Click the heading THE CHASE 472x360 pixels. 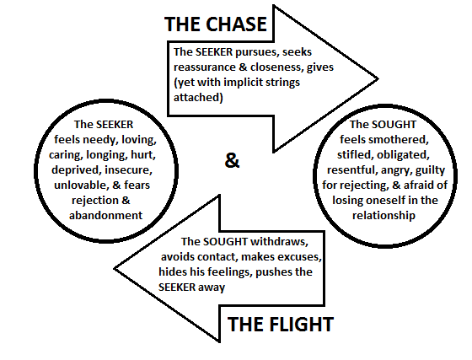216,24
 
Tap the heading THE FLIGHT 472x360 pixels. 281,325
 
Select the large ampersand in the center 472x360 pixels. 232,160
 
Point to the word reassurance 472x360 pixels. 204,67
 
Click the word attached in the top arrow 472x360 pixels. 196,97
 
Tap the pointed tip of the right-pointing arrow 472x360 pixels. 378,79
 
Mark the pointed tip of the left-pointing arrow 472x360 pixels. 115,269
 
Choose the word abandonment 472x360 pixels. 105,215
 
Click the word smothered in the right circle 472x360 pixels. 398,139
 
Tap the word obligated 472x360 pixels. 403,155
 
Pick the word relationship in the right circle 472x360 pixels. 383,215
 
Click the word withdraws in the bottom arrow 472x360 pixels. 279,241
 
